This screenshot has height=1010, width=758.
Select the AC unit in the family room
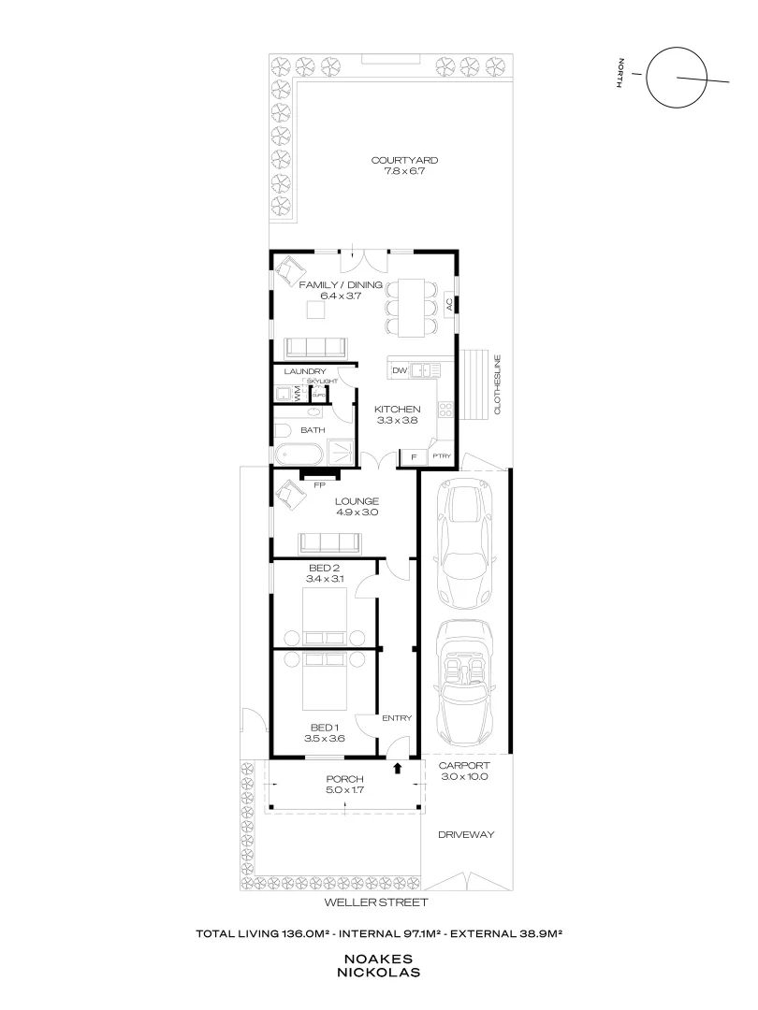449,304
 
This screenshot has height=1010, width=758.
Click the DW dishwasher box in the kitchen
399,371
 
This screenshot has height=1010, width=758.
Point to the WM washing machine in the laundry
298,394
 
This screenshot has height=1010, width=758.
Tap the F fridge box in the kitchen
413,456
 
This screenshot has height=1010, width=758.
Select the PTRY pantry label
441,456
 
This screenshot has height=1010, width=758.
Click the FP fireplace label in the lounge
319,486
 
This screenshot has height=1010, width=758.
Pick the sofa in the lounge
328,542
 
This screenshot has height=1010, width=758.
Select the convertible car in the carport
463,683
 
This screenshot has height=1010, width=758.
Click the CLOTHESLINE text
497,384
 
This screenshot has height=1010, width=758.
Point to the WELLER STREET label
375,902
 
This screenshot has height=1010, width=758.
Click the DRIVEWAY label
465,835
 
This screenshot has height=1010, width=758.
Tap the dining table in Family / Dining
412,308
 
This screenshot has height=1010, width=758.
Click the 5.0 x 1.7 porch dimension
344,790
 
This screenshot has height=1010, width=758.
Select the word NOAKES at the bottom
379,959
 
